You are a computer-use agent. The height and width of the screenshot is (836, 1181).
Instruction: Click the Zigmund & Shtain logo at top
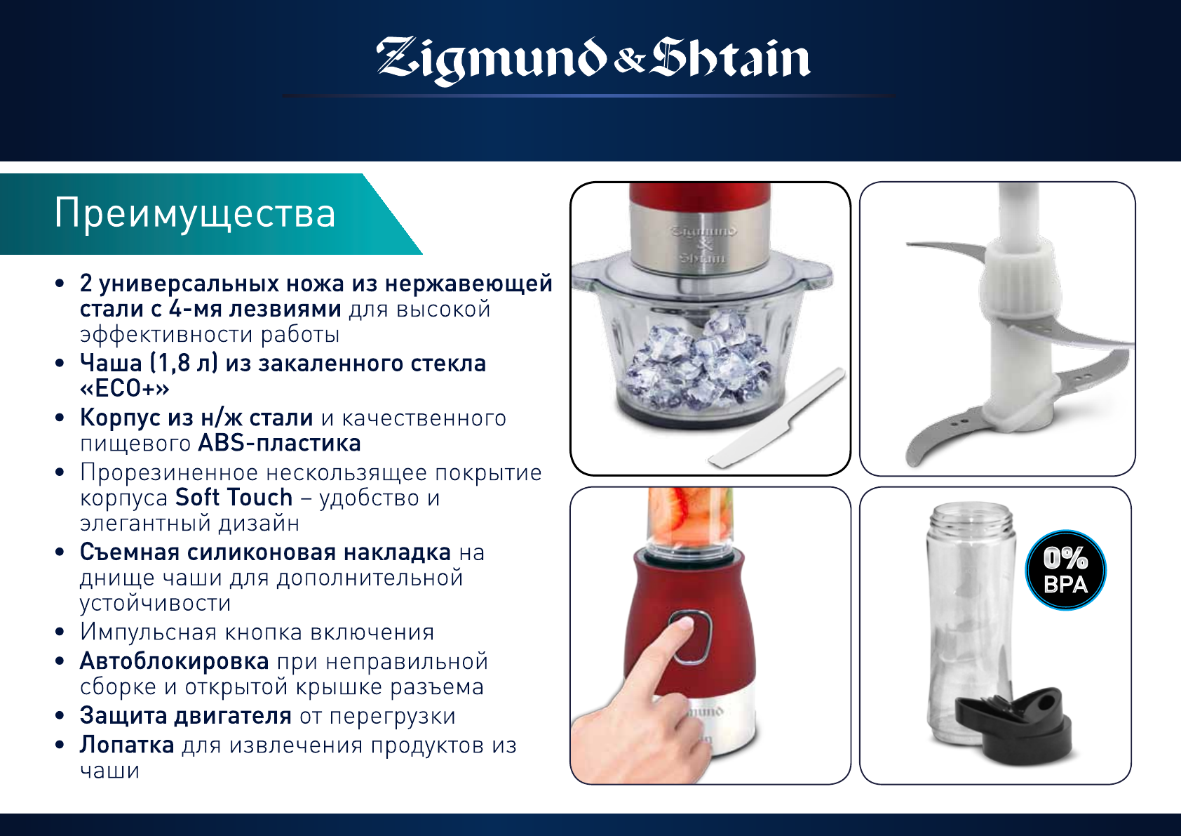593,60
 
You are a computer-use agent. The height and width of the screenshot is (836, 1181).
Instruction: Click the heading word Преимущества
195,213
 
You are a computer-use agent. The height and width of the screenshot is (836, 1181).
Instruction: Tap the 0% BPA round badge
1065,570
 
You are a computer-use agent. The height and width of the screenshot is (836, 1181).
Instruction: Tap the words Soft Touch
234,497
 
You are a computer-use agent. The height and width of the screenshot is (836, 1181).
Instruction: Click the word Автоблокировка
175,661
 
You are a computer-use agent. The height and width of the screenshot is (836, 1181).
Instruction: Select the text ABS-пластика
279,443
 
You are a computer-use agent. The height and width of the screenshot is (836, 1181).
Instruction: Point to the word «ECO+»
125,388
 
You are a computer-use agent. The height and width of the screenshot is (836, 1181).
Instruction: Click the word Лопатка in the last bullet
127,745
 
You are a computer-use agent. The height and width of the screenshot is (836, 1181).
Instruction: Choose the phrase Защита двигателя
186,716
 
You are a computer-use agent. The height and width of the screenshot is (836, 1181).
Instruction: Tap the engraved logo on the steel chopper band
704,244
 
